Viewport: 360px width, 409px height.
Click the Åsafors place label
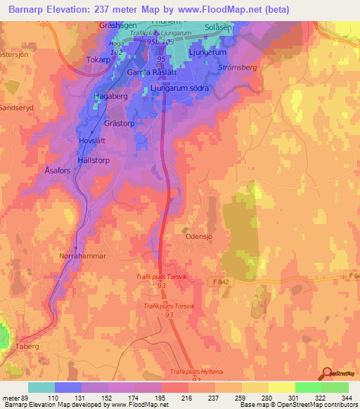[x=59, y=171]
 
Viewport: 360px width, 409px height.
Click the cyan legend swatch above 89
[x=41, y=387]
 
